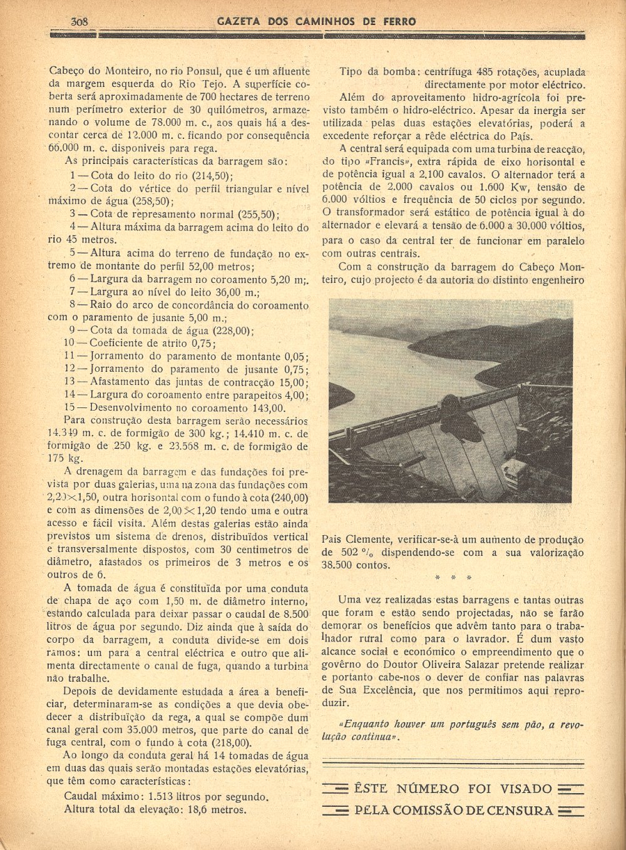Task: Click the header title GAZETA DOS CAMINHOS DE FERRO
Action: tap(316, 21)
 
